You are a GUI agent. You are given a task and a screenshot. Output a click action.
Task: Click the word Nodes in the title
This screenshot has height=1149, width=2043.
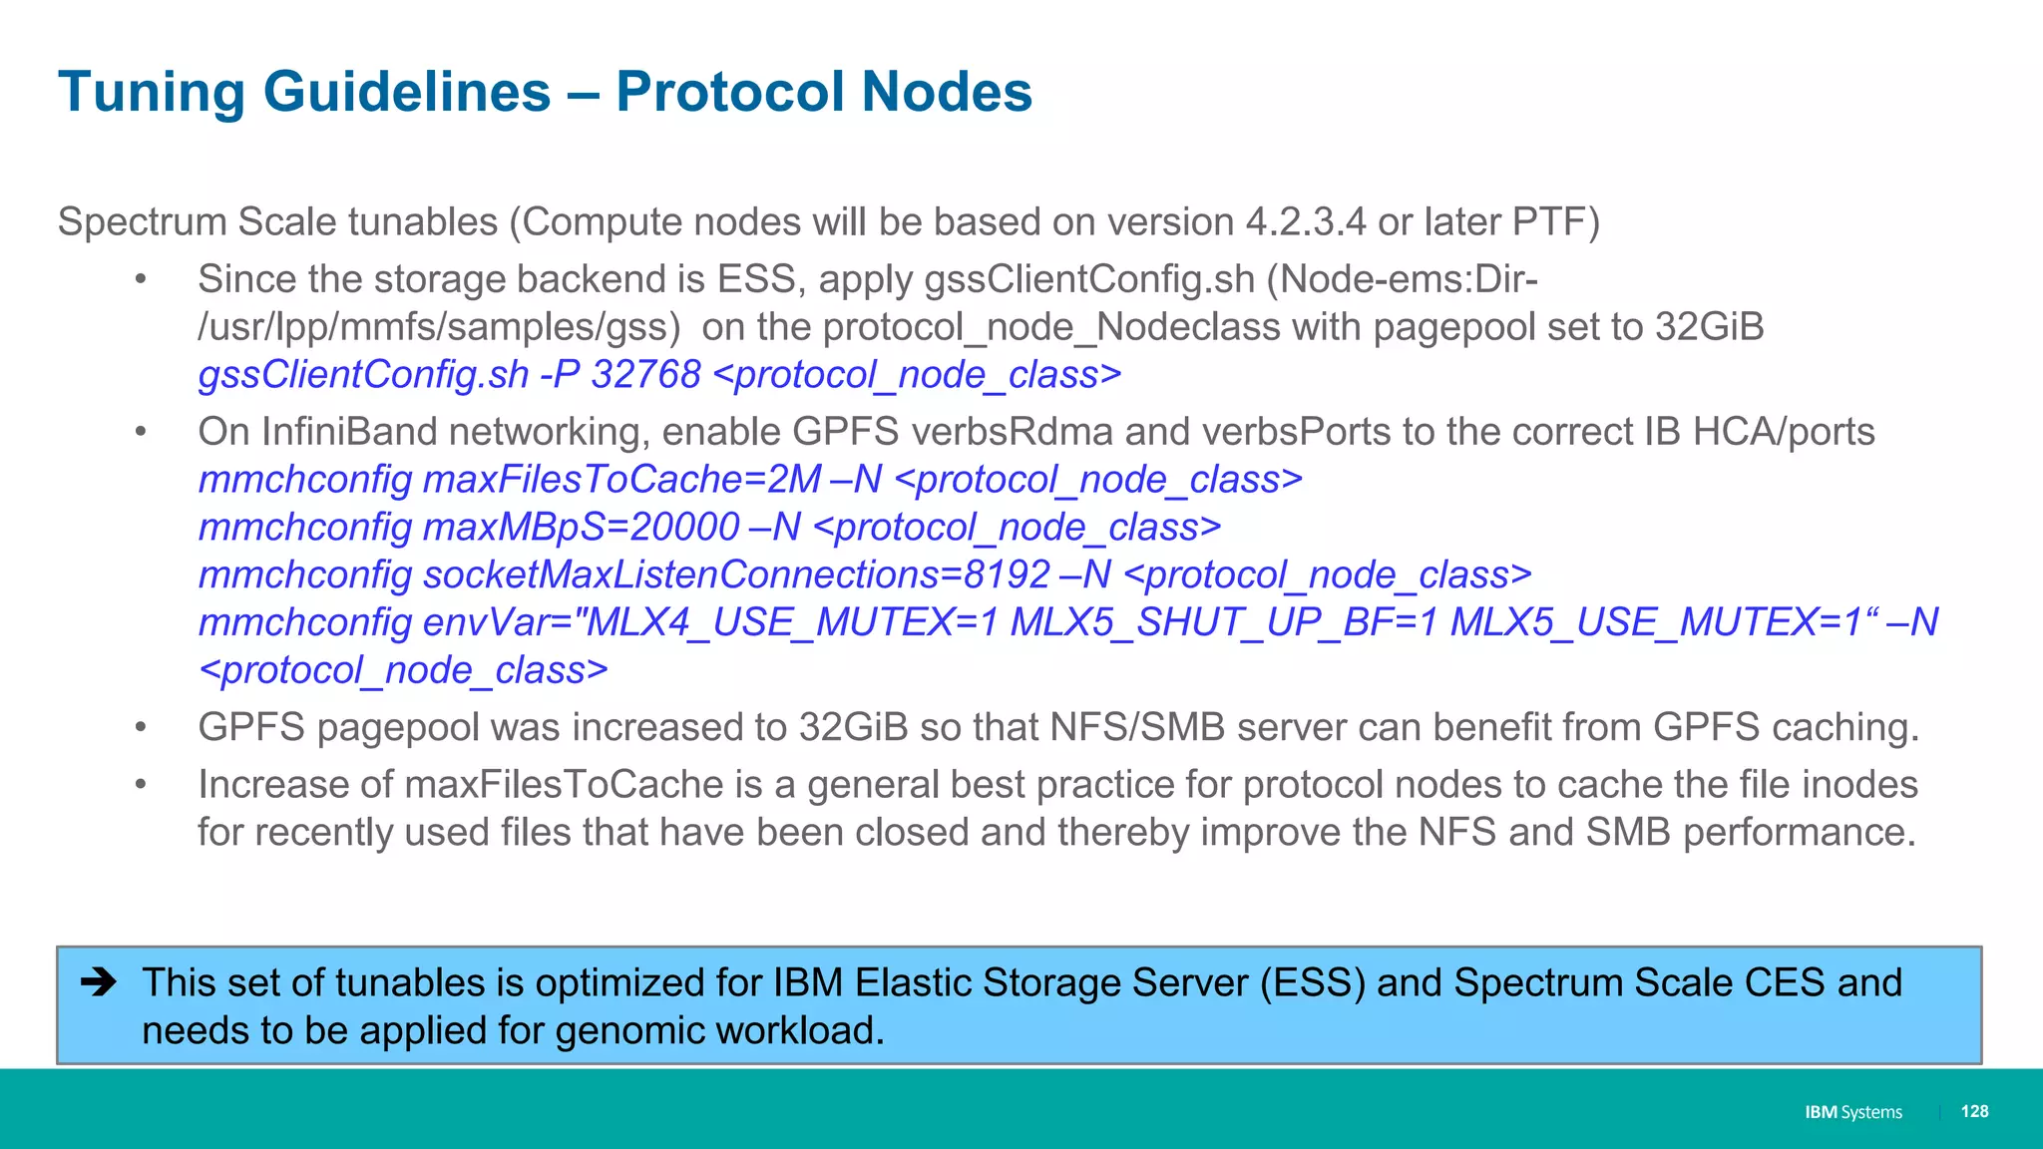(946, 93)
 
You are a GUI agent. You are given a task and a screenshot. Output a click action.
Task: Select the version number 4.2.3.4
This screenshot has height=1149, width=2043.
(1306, 222)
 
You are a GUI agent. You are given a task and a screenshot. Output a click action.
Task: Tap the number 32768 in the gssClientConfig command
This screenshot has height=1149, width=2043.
(645, 375)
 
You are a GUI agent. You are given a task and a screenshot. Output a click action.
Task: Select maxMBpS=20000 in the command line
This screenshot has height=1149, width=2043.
(581, 528)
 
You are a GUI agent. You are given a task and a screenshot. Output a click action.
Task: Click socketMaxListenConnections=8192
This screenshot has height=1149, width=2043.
(736, 575)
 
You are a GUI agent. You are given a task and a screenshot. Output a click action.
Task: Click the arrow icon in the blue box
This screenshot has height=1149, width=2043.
(99, 983)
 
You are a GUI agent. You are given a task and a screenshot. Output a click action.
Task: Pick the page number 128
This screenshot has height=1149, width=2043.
(1974, 1111)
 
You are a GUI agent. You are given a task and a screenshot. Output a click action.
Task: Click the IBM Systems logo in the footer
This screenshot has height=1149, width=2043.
(1853, 1112)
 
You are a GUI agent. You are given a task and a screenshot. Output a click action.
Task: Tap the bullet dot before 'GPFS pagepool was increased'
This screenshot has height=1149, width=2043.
(142, 728)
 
